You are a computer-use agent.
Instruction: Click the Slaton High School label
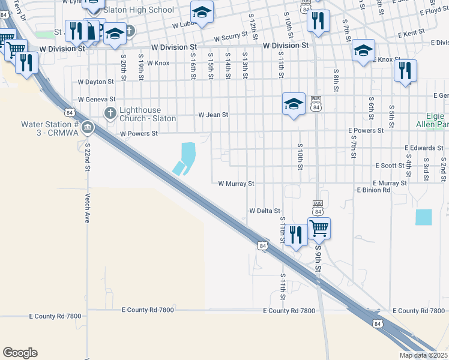click(138, 10)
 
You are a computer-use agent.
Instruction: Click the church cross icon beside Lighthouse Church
click(110, 113)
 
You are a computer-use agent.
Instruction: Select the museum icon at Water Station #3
click(88, 127)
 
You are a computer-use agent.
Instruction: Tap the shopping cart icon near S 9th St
click(319, 228)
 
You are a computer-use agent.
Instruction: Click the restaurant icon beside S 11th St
click(295, 235)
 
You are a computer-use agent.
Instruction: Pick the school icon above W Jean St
click(294, 104)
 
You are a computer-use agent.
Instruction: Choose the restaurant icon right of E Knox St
click(405, 71)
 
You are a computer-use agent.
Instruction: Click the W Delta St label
click(265, 211)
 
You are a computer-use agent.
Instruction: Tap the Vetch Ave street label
click(88, 208)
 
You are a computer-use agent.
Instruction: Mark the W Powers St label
click(138, 134)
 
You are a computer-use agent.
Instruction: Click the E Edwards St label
click(423, 148)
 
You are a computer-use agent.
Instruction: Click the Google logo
click(20, 353)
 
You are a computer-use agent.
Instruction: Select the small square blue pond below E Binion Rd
click(423, 217)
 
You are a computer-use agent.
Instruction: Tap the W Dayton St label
click(95, 82)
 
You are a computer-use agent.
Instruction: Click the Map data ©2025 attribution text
click(422, 355)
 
